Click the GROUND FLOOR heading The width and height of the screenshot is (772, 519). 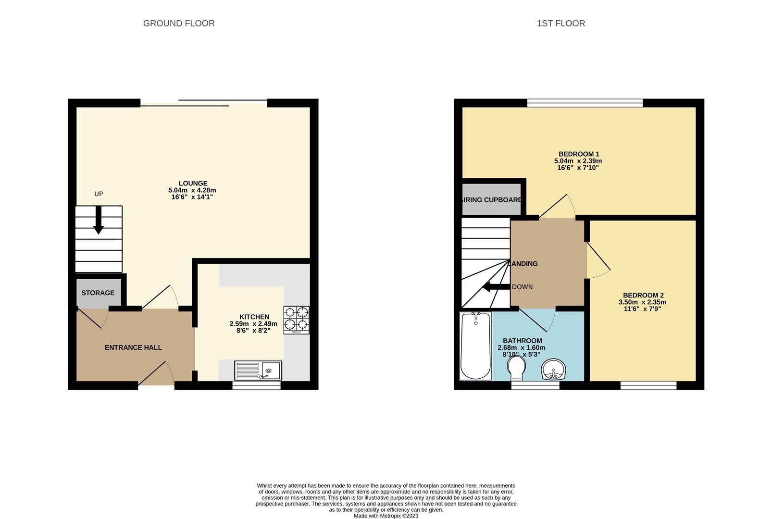point(179,23)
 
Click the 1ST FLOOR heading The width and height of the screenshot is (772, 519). point(560,23)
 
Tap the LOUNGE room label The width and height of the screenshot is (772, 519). point(193,183)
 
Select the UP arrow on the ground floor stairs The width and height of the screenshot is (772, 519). point(99,220)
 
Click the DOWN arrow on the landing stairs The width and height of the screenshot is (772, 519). point(496,287)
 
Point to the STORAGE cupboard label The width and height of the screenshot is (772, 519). point(98,293)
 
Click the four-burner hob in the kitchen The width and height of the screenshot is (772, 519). point(296,319)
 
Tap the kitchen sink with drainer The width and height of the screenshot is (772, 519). point(258,371)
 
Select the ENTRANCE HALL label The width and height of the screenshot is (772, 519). point(133,347)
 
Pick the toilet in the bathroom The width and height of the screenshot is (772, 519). point(516,369)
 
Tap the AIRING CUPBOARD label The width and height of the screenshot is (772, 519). point(491,199)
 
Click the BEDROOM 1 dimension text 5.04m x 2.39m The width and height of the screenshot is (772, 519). point(578,161)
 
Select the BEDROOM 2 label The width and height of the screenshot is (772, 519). point(643,295)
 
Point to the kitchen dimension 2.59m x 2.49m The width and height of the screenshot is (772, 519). point(253,324)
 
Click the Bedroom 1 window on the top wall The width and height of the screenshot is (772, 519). point(585,103)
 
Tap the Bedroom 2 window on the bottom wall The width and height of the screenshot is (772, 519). point(648,385)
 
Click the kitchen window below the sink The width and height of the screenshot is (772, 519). point(256,385)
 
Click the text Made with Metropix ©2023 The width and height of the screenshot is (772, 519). point(386,516)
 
